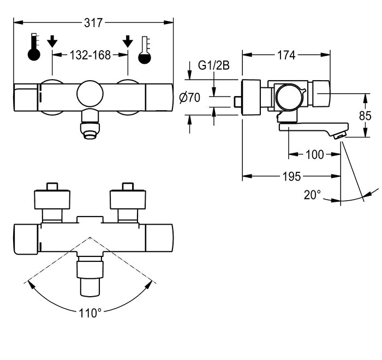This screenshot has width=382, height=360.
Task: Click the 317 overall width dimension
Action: click(x=93, y=23)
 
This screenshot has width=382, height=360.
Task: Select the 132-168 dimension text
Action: click(x=90, y=55)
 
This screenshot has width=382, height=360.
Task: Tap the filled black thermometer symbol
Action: click(x=34, y=47)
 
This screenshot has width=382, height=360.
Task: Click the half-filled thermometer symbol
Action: click(x=145, y=50)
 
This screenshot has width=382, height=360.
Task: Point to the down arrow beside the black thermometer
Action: click(x=52, y=41)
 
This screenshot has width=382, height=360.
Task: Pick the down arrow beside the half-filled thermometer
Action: click(x=128, y=41)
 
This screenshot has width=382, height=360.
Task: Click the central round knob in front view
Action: click(x=90, y=94)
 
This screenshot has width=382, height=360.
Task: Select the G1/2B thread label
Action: click(x=214, y=65)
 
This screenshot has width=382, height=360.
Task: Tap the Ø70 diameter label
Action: click(x=189, y=98)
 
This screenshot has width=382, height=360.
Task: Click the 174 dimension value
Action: click(x=286, y=55)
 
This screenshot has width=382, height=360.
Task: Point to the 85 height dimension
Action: click(x=365, y=116)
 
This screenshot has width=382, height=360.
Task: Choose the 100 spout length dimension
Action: click(x=314, y=154)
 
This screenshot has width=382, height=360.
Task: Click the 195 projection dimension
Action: click(x=292, y=176)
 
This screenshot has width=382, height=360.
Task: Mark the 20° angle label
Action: click(x=312, y=195)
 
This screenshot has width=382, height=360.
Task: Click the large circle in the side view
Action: click(x=290, y=98)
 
